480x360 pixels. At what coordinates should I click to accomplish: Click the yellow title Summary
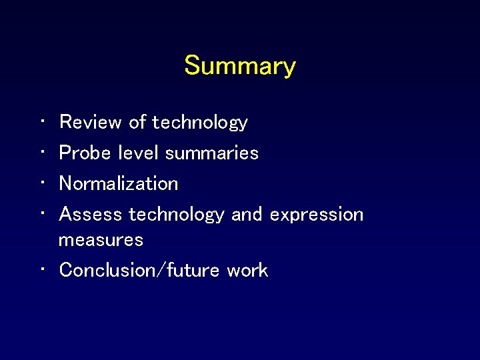(x=240, y=66)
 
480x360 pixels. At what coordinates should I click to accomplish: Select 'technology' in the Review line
(x=200, y=123)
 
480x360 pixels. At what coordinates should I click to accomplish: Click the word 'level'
(x=139, y=153)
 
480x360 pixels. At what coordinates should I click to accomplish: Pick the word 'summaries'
(x=212, y=153)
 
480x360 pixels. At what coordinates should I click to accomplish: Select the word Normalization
(x=119, y=183)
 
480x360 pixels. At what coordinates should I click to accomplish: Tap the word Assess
(x=91, y=214)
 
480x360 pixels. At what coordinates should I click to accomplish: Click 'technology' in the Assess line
(x=177, y=215)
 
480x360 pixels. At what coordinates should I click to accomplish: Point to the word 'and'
(x=247, y=214)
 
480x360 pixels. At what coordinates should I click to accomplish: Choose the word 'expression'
(x=317, y=215)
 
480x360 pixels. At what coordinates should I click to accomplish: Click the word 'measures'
(x=101, y=239)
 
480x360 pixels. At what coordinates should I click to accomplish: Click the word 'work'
(x=247, y=270)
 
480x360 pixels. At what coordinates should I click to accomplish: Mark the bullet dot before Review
(x=42, y=123)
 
